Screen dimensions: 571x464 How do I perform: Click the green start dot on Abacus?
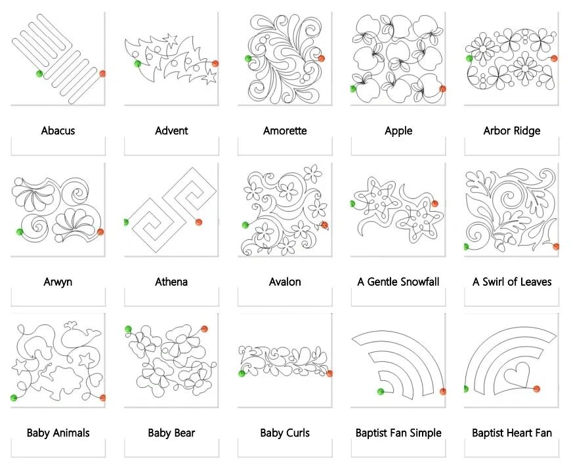click(x=39, y=74)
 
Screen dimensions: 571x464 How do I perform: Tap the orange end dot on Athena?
click(x=198, y=222)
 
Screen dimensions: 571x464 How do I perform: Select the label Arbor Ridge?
click(x=512, y=130)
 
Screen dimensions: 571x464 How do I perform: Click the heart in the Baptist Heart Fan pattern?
click(x=517, y=375)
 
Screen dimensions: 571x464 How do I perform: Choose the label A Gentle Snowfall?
click(x=398, y=282)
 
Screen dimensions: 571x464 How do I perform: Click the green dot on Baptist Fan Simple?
click(x=381, y=392)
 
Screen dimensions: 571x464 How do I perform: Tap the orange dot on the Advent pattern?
click(x=215, y=64)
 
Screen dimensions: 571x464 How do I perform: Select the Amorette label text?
click(x=285, y=130)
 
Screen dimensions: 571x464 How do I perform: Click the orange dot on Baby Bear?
click(x=204, y=329)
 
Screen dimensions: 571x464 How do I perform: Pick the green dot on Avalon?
click(x=245, y=225)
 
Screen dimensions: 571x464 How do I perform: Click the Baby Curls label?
click(x=285, y=433)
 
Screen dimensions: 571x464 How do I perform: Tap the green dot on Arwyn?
click(x=20, y=231)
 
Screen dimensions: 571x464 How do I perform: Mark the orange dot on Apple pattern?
click(x=442, y=88)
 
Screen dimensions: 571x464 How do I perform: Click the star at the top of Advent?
click(x=170, y=39)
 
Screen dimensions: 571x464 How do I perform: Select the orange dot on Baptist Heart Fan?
click(x=536, y=389)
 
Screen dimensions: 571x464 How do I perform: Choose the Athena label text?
click(x=171, y=282)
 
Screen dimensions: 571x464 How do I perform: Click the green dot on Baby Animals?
click(x=14, y=398)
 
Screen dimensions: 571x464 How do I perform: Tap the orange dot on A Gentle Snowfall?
click(x=434, y=204)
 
